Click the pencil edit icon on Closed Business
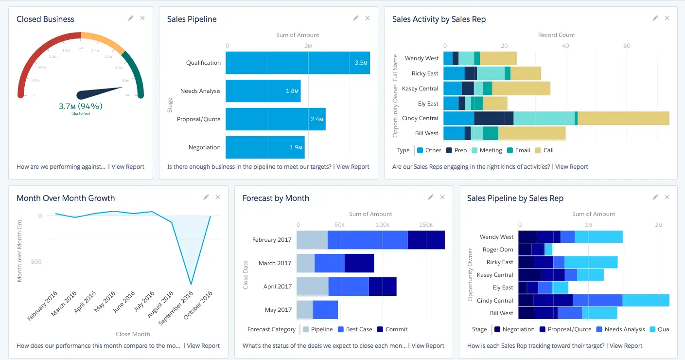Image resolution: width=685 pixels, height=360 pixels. tap(130, 18)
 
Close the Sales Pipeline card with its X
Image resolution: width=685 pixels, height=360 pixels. tap(368, 18)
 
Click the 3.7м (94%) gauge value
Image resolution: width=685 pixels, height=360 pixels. tap(81, 106)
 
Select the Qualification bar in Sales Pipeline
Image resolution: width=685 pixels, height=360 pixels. tap(298, 63)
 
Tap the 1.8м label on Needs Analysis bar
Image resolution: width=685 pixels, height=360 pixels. tap(292, 91)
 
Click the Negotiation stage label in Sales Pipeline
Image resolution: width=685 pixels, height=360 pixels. tap(204, 147)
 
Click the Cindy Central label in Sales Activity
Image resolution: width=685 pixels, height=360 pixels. tap(420, 118)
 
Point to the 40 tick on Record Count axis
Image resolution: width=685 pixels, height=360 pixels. tap(565, 46)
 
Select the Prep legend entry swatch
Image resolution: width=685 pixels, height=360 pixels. tap(449, 150)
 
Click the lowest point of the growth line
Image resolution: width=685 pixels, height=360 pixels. tap(191, 284)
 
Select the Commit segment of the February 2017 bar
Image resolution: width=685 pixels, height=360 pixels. tap(426, 240)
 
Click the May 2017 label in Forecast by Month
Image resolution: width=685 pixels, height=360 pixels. tap(278, 310)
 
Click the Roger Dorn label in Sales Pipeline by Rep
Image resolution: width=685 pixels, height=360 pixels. tap(497, 250)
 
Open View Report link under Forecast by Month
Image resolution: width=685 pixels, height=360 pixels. tap(428, 346)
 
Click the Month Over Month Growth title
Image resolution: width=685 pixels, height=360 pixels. tap(66, 198)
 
